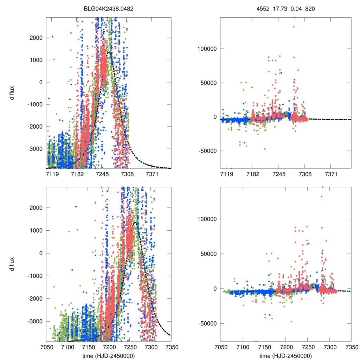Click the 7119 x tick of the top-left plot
tap(52, 174)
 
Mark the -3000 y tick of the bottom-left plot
tap(35, 321)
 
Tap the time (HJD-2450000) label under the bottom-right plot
tap(285, 355)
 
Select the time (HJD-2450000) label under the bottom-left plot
tap(109, 355)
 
